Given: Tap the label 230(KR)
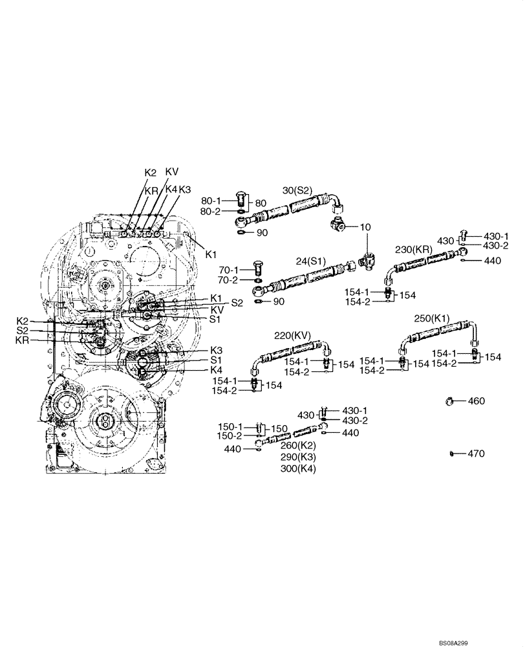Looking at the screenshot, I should pyautogui.click(x=414, y=249).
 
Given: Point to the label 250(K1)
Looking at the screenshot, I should pyautogui.click(x=431, y=318).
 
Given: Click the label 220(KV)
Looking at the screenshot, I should pyautogui.click(x=293, y=336).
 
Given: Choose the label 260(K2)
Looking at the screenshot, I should pyautogui.click(x=298, y=445).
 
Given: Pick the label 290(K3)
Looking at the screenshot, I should pyautogui.click(x=298, y=457).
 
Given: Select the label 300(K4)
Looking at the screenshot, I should pyautogui.click(x=298, y=468).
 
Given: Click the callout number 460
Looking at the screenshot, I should pyautogui.click(x=476, y=401).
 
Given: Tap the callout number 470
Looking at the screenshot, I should pyautogui.click(x=476, y=454).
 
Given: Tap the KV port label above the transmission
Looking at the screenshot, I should pyautogui.click(x=172, y=171).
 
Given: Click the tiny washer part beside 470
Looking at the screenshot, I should pyautogui.click(x=451, y=454).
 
